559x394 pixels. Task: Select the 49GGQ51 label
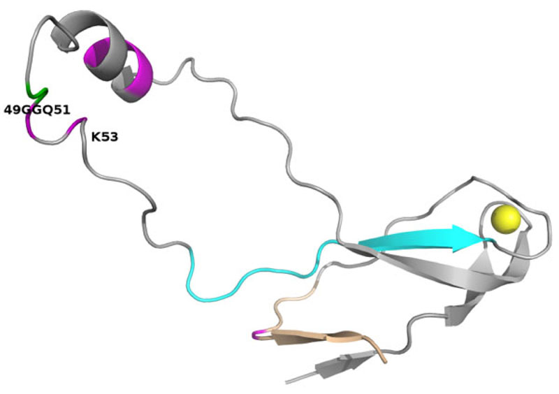tap(36, 110)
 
